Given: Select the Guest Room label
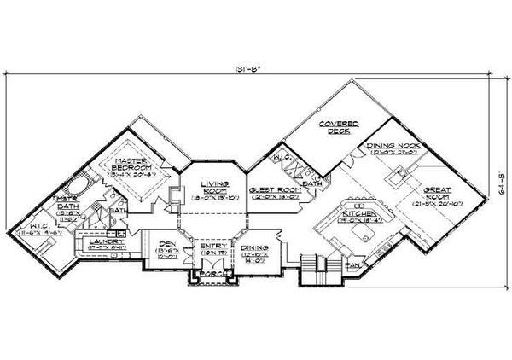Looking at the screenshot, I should point(272,192).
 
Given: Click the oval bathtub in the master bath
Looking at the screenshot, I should point(76,186).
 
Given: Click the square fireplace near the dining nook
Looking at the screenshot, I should point(397,178).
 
